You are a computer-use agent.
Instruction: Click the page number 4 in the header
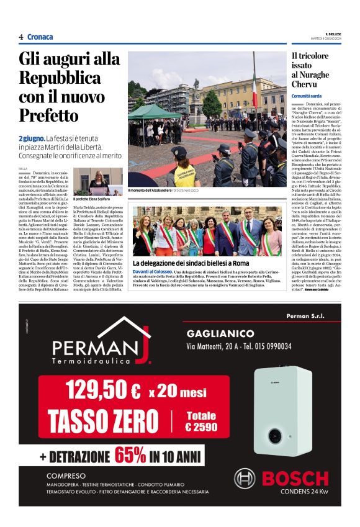(x=21, y=37)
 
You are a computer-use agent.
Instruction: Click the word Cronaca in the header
(x=40, y=37)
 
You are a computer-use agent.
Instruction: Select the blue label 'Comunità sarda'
(x=307, y=96)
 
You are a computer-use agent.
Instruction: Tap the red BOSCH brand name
(x=295, y=478)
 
